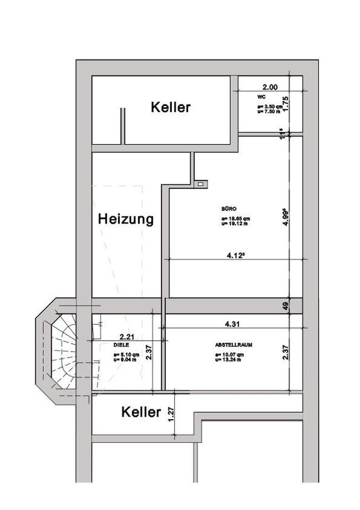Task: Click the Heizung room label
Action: [x=126, y=219]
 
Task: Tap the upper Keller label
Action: [x=170, y=107]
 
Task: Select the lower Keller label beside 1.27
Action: [x=141, y=412]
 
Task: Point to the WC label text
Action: [x=261, y=97]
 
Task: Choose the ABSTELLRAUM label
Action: [x=233, y=345]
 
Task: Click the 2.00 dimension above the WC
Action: [x=270, y=87]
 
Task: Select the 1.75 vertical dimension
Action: [x=285, y=103]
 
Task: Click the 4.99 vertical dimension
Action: [x=285, y=218]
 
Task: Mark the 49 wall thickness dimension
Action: [x=285, y=306]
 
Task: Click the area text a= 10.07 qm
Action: [x=229, y=354]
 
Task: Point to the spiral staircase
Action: [x=63, y=352]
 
